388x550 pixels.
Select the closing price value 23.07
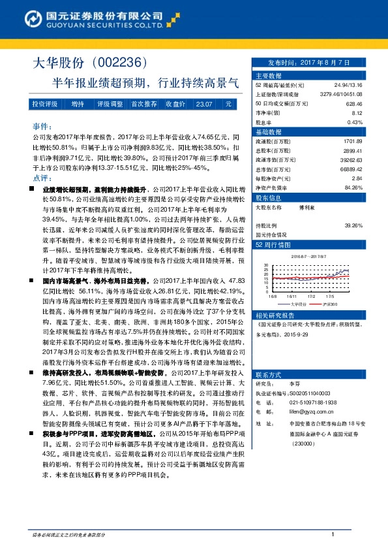pos(203,104)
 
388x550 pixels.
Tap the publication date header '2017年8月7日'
pos(310,62)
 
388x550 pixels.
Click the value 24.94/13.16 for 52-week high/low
pos(348,85)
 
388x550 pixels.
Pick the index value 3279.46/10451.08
pos(341,94)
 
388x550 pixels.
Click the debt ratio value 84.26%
pos(353,187)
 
